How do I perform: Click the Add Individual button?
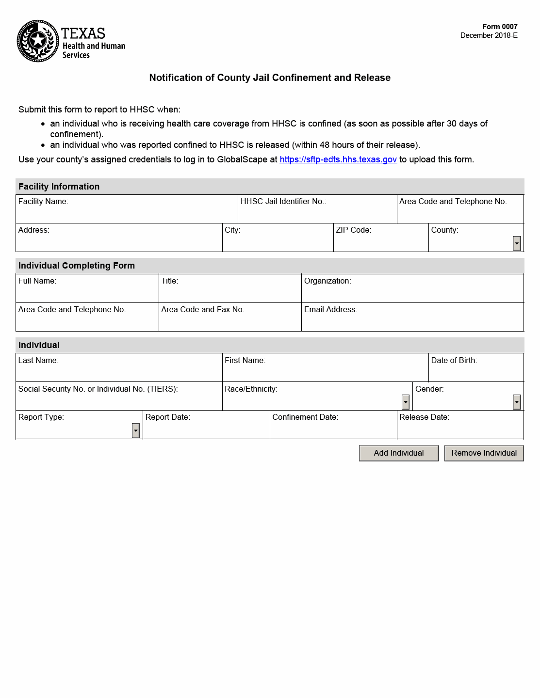(x=398, y=453)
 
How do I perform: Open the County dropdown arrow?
(x=517, y=243)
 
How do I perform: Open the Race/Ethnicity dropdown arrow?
(x=406, y=402)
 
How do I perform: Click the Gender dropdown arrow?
(x=517, y=402)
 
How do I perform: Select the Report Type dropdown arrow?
(x=136, y=430)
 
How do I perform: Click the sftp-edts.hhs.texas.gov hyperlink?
(x=338, y=159)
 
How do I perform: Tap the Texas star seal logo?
(x=38, y=41)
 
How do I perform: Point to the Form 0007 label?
(x=500, y=27)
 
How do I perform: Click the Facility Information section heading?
(x=59, y=187)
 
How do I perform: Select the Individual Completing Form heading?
(x=77, y=266)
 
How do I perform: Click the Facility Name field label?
(x=43, y=202)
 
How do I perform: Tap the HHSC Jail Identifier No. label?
(x=283, y=202)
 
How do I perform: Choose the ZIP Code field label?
(x=353, y=230)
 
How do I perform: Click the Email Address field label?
(x=330, y=310)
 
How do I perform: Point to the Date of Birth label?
(x=454, y=361)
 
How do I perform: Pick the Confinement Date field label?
(x=305, y=417)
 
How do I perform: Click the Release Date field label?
(x=424, y=417)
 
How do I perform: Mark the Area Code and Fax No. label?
(x=203, y=310)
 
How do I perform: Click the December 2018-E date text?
(x=489, y=35)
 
